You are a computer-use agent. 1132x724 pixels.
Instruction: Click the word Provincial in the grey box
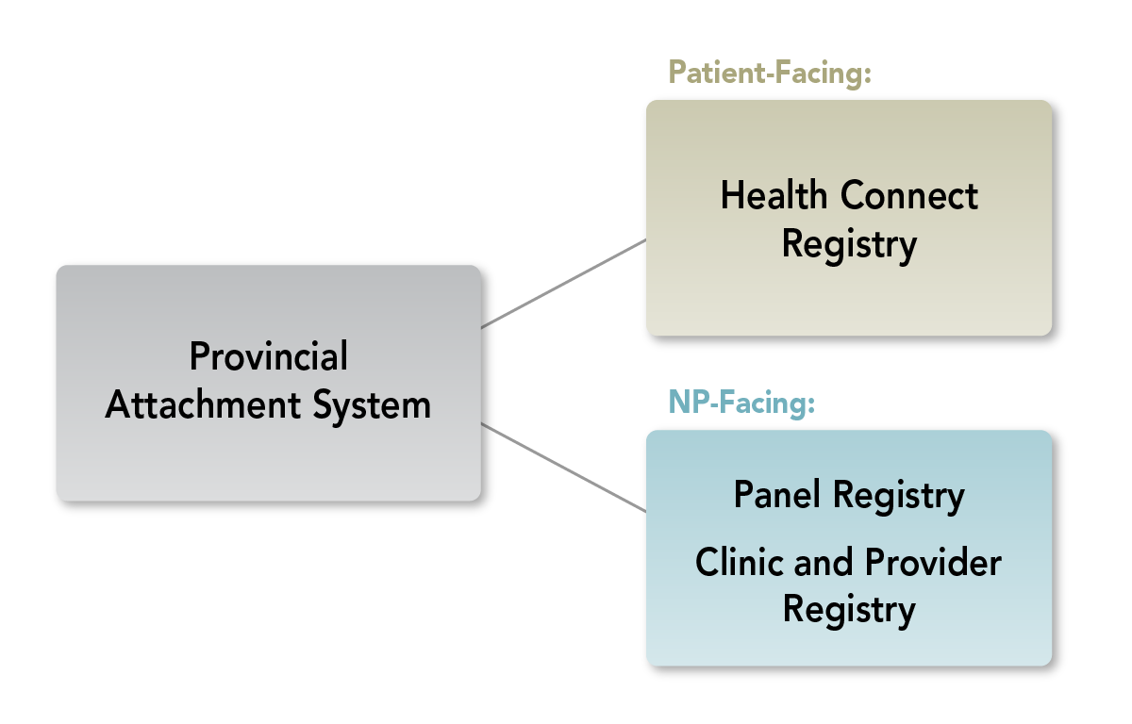tap(269, 357)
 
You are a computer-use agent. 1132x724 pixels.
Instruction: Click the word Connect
tap(909, 196)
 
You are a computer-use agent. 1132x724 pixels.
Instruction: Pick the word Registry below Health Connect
tap(849, 244)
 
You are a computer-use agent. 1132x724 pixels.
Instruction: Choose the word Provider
tap(932, 562)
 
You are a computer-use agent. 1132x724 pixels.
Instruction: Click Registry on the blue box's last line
tap(849, 609)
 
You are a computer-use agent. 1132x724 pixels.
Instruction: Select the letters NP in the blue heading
tap(687, 403)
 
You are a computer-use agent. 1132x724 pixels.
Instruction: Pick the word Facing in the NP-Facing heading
tap(771, 403)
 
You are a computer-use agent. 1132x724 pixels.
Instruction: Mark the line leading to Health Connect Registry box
tap(563, 283)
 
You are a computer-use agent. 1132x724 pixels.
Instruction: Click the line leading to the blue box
tap(563, 468)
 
